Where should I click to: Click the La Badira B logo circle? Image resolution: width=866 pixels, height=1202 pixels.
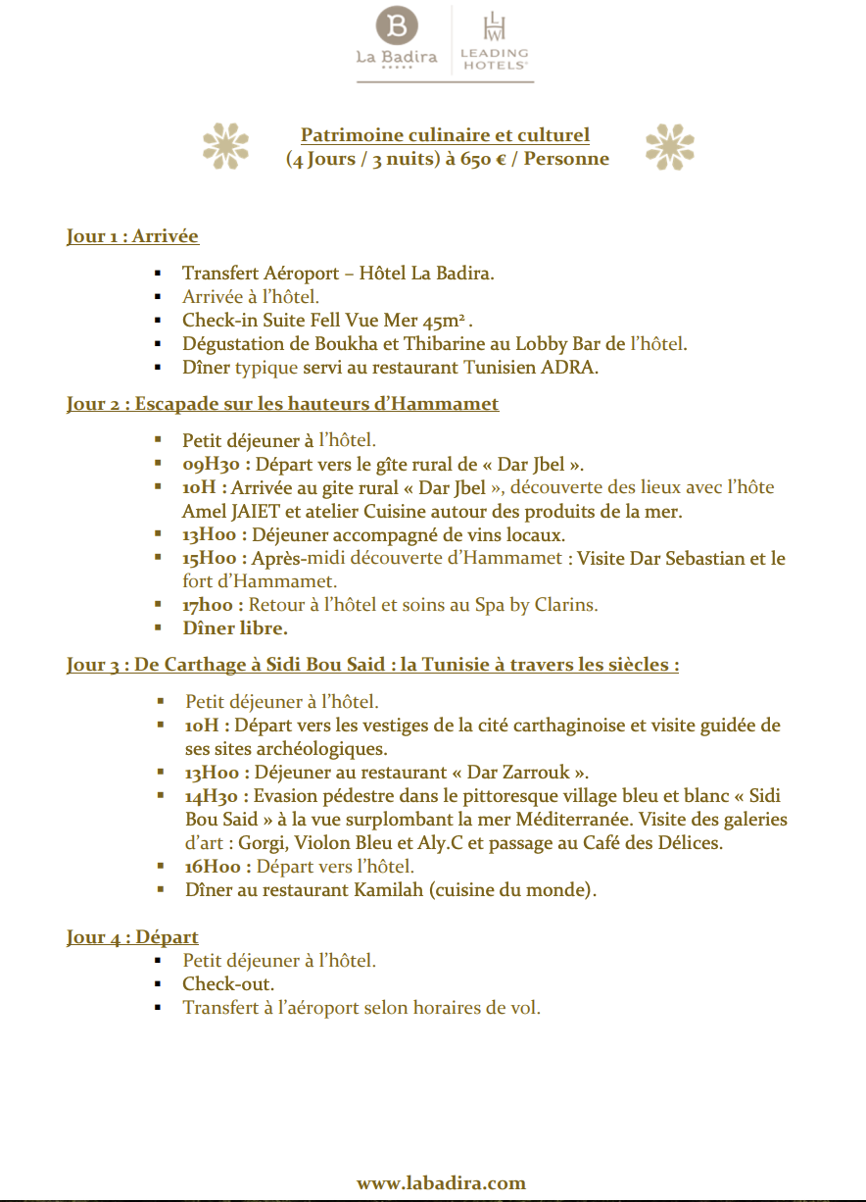(397, 25)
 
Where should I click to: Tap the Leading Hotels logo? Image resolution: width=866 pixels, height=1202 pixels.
(494, 40)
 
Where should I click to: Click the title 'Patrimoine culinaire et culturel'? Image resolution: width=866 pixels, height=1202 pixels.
(445, 135)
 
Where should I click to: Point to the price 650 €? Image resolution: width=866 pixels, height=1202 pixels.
(484, 159)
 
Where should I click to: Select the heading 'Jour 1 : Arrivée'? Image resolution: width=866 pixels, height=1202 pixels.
(132, 236)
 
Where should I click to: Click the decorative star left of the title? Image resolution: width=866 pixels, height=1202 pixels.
(225, 146)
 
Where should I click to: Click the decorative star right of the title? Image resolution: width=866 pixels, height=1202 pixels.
(669, 146)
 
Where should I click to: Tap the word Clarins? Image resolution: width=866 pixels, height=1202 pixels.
(565, 605)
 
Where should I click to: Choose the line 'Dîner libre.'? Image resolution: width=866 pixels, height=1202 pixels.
(234, 628)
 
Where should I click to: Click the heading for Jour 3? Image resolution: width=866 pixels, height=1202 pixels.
(372, 665)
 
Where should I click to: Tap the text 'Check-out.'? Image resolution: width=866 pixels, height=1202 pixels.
(228, 983)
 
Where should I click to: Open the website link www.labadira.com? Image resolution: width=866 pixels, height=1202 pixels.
(441, 1183)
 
